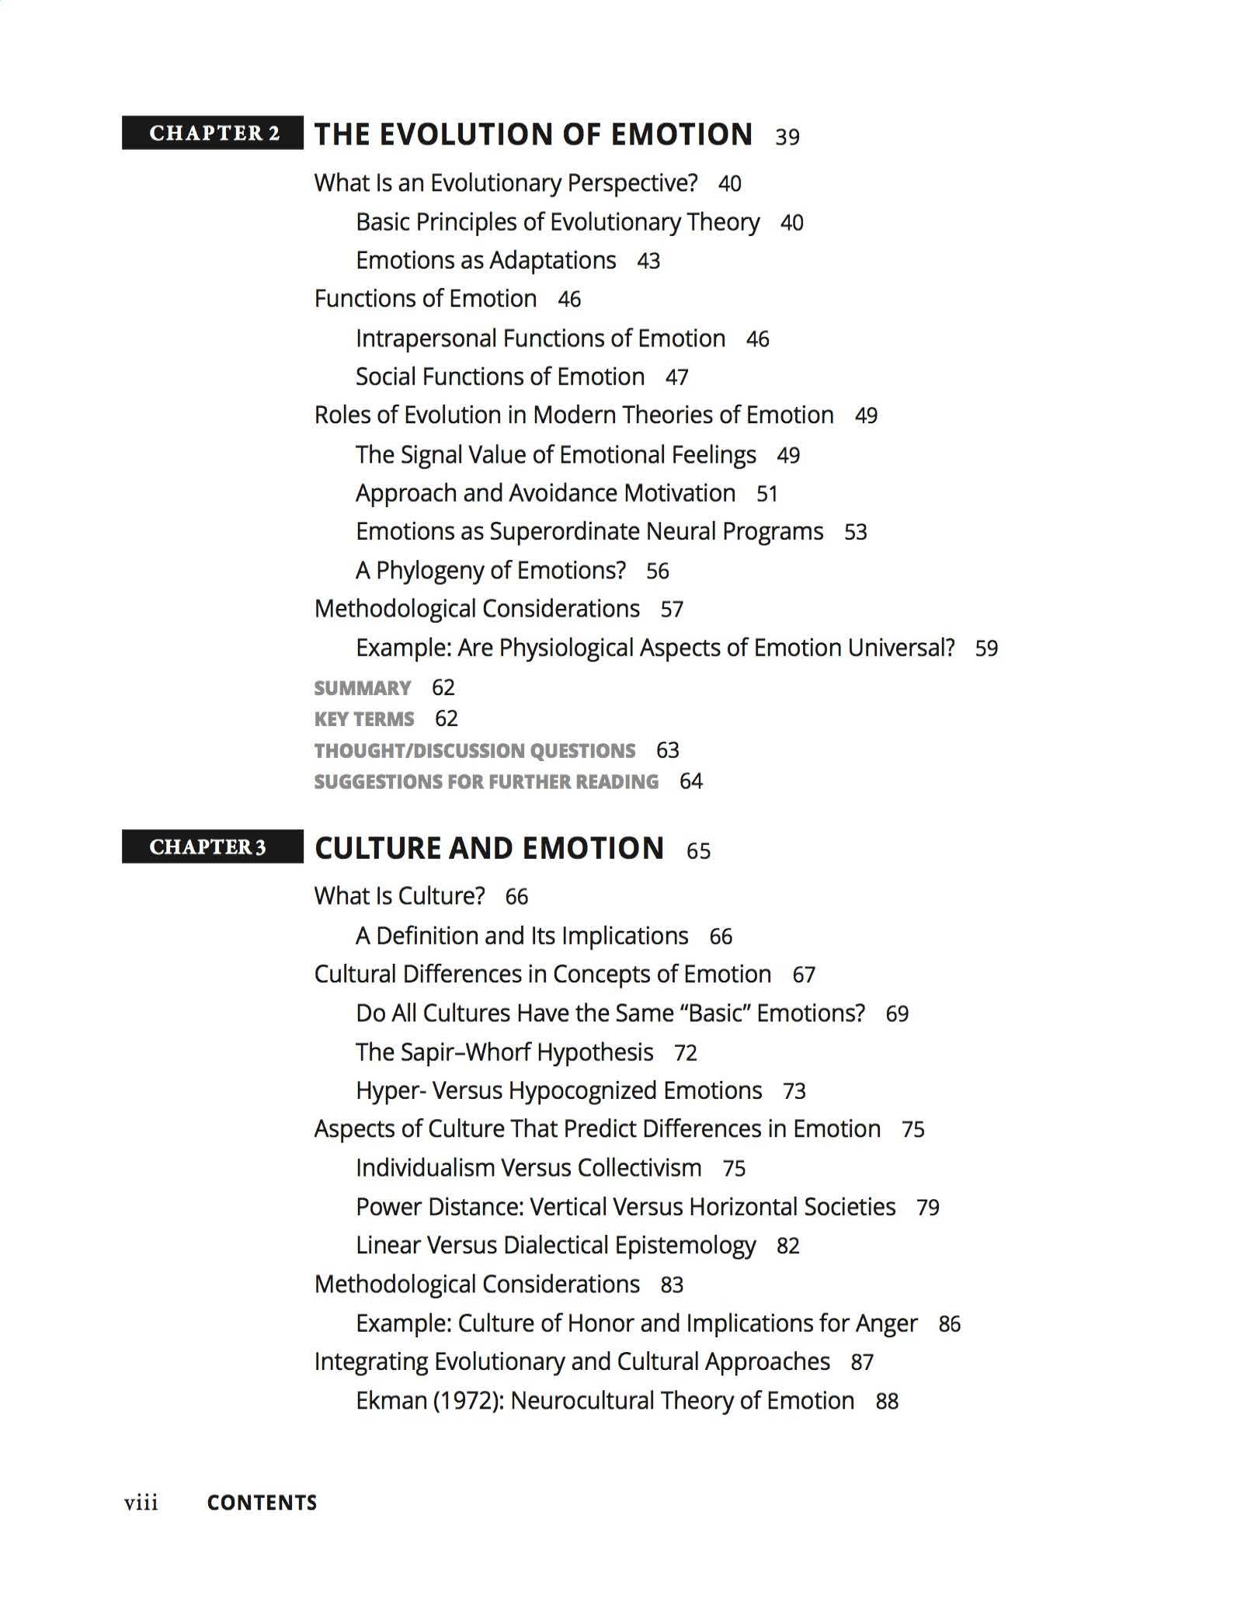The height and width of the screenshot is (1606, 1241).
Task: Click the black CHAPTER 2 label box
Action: coord(212,133)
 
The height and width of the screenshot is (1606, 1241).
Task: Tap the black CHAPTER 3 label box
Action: coord(212,846)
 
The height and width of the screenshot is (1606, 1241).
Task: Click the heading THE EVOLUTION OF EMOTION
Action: coord(533,134)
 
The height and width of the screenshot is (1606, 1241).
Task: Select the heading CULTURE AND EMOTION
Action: coord(489,848)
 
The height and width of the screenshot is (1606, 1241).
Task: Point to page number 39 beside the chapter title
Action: coord(787,137)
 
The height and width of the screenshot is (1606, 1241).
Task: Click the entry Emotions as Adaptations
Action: coord(485,260)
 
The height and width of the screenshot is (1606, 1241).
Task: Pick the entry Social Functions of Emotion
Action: coord(499,377)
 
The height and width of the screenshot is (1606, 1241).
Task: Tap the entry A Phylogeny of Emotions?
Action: coord(490,571)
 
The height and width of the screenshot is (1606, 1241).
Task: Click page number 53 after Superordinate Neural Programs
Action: coord(855,533)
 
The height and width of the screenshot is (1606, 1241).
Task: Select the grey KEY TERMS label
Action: coord(363,719)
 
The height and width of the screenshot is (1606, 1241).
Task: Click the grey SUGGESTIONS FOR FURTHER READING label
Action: coord(485,782)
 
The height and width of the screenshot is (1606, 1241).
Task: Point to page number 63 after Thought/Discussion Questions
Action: coord(667,751)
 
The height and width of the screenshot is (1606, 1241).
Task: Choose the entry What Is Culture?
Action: coord(399,896)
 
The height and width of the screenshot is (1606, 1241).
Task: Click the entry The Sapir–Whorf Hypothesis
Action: coord(504,1052)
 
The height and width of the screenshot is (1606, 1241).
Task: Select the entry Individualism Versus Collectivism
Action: coord(528,1168)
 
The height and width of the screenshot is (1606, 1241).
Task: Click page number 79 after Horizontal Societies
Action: coord(927,1208)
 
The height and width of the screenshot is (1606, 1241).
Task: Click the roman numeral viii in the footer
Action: coord(141,1503)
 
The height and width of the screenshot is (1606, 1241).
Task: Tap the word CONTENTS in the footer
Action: coord(262,1503)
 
